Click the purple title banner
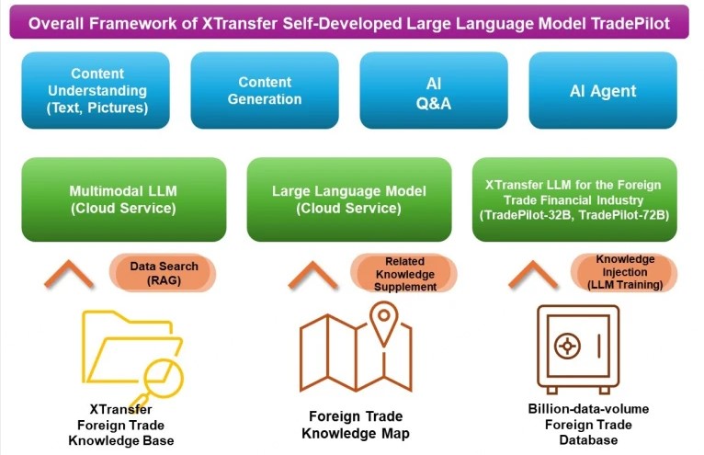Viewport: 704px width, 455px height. coord(349,22)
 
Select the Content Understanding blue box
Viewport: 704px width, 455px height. coord(96,90)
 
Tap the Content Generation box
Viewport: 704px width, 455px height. coord(265,90)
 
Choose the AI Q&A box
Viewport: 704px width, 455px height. coord(434,90)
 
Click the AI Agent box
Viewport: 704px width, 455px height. coord(603,90)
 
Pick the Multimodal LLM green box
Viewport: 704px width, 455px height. coord(124,199)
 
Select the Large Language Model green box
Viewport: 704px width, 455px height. coord(349,199)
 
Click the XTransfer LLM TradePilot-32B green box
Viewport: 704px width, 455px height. coord(574,199)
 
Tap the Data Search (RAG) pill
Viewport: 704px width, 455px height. coord(163,273)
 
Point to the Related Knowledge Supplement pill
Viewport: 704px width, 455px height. coord(404,274)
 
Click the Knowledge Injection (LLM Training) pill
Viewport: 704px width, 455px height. coord(625,272)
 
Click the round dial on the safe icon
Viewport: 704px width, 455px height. coord(567,346)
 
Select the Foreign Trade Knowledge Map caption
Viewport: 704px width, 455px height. coord(356,425)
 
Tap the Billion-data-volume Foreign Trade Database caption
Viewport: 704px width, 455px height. coord(588,425)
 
